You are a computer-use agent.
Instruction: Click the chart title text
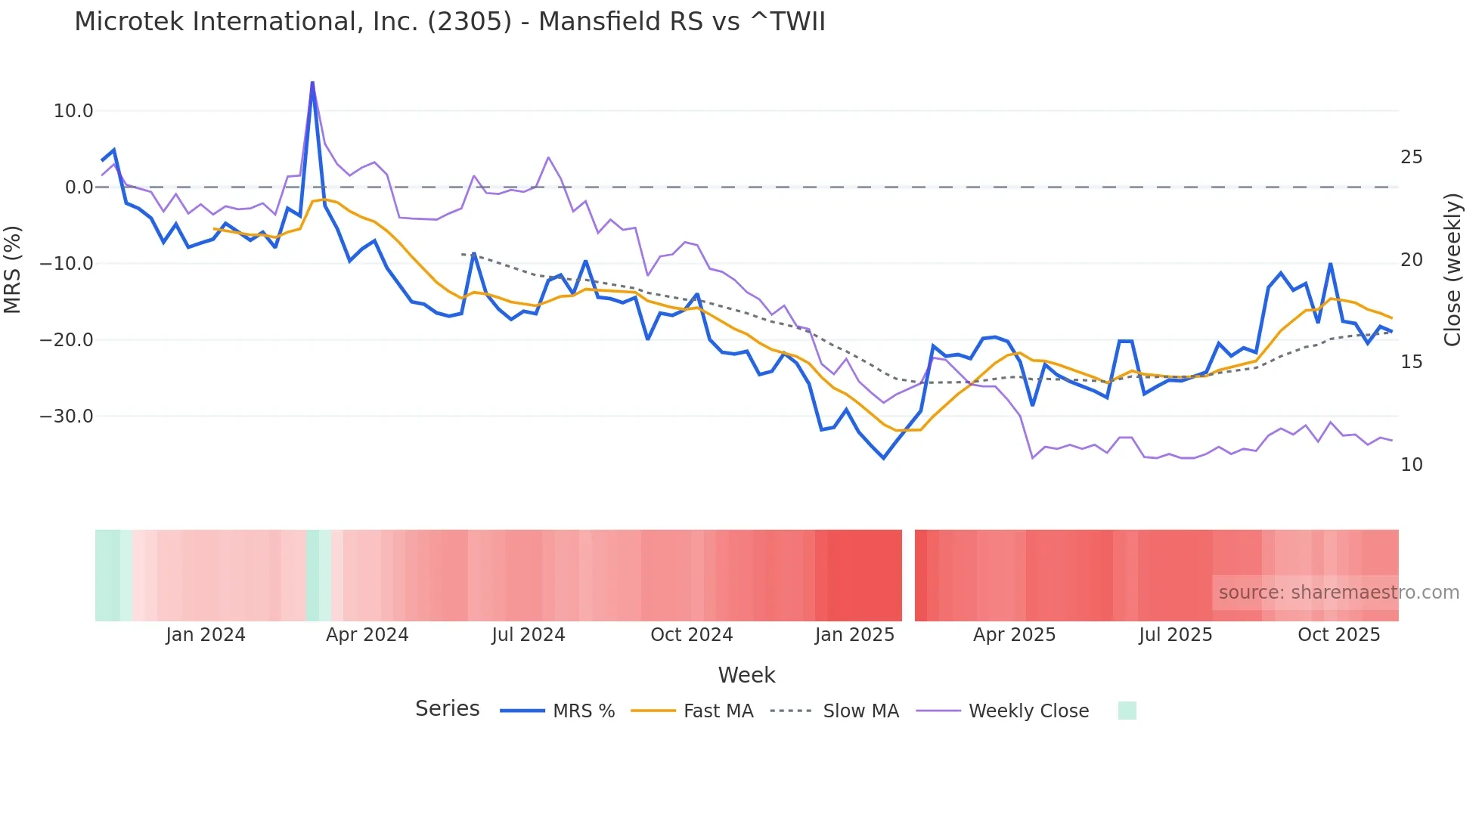450,21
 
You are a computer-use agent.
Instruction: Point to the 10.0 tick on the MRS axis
73,111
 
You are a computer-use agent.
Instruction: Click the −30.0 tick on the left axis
67,416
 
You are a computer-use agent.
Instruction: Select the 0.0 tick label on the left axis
79,187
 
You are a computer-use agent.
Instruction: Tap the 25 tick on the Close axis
1411,157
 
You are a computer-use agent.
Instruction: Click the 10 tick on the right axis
1411,465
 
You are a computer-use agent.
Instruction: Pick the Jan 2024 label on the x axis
206,635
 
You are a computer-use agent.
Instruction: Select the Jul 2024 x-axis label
529,635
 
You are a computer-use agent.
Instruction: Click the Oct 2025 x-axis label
1338,635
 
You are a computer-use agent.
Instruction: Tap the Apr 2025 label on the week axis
1014,635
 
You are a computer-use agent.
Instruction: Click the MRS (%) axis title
13,270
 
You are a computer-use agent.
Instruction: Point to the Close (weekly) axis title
1453,270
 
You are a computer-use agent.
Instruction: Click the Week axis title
746,675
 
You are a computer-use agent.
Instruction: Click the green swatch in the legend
1127,711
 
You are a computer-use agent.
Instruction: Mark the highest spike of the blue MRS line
312,82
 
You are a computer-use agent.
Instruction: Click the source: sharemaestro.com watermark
1338,593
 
